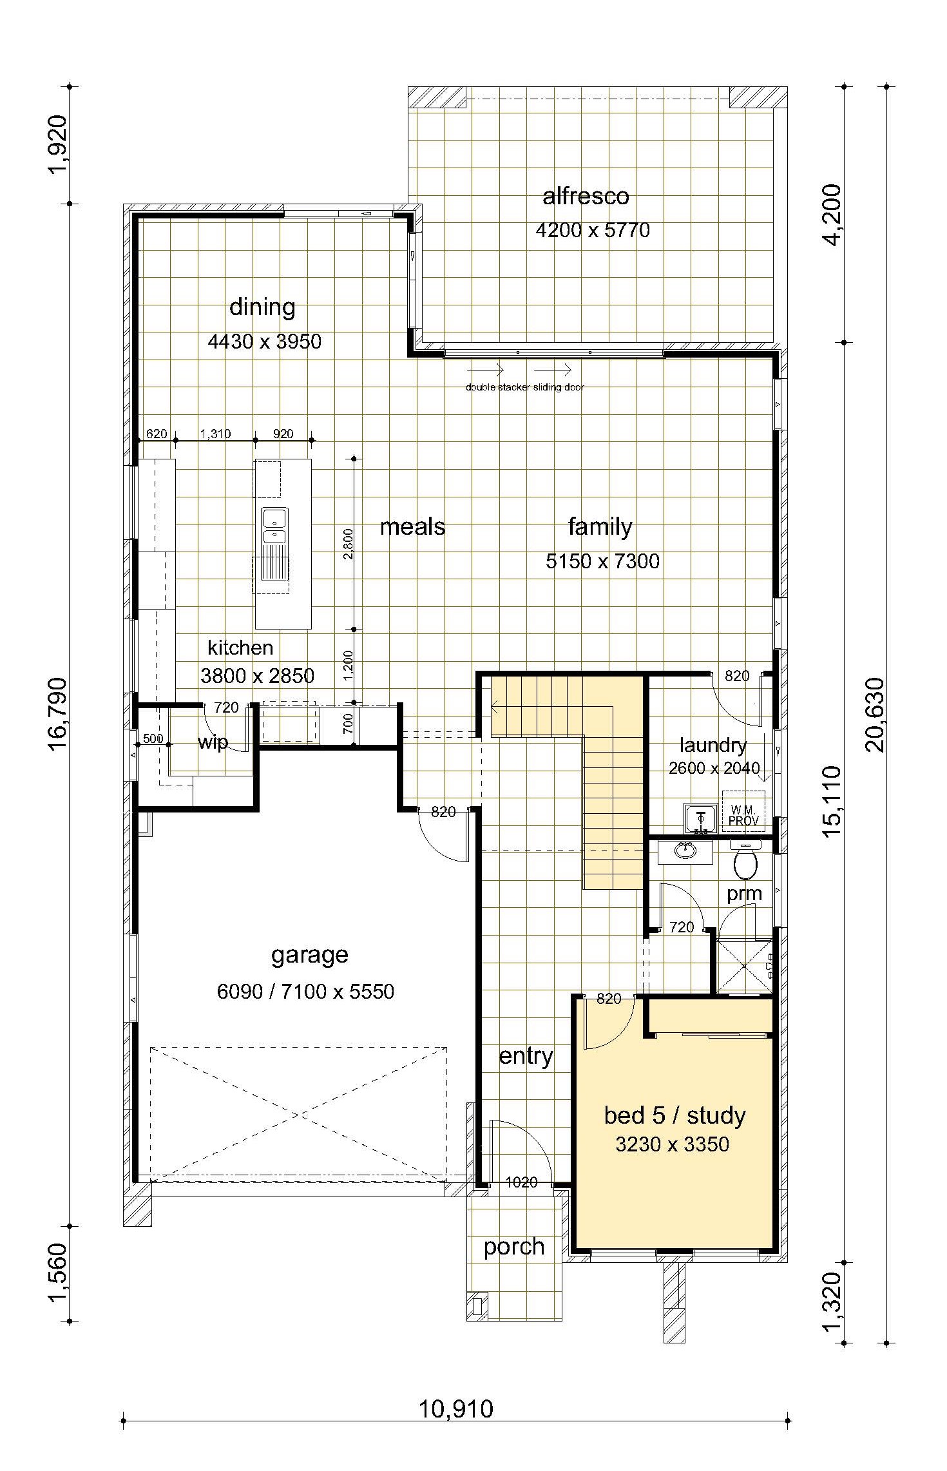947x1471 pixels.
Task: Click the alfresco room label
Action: coord(586,196)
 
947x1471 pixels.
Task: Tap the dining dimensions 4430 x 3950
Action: coord(265,341)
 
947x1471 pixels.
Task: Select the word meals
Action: coord(412,527)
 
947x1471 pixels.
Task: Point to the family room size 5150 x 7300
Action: coord(602,561)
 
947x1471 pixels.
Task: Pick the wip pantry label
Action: coord(213,742)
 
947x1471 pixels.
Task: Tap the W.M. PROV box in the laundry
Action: coord(743,811)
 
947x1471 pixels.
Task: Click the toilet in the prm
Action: coord(745,860)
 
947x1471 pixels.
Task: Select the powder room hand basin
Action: coord(685,851)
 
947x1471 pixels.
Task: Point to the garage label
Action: coord(310,955)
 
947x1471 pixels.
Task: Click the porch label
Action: coord(514,1247)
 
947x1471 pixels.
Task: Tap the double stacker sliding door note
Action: coord(525,387)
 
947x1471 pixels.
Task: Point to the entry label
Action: coord(526,1056)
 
